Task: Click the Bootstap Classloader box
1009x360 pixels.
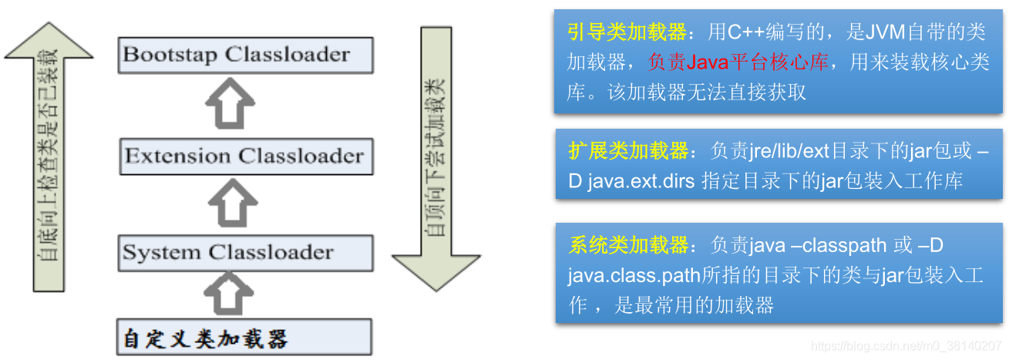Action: pos(246,56)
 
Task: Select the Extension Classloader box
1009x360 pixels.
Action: pos(246,156)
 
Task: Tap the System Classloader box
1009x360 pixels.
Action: pos(246,253)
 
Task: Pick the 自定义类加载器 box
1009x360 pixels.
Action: pos(244,338)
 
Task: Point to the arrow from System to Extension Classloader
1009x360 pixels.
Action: pos(231,204)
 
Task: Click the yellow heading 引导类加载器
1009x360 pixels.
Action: pos(627,33)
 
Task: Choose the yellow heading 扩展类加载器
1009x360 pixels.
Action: pos(627,150)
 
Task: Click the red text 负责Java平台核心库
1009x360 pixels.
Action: pos(738,62)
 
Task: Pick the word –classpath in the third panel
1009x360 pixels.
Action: pos(837,247)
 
